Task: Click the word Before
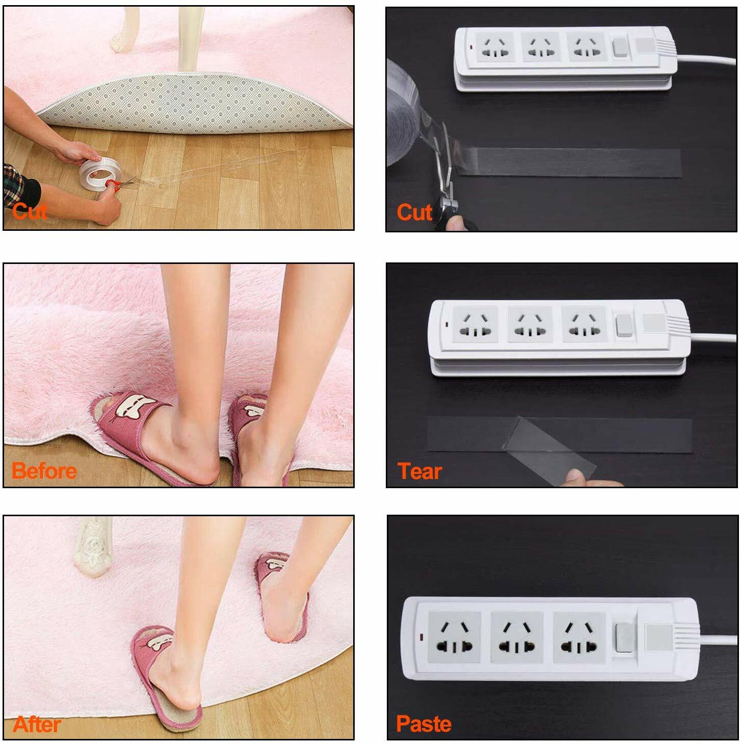44,470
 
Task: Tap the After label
37,724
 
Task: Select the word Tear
419,471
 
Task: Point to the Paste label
424,724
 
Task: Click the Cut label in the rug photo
30,211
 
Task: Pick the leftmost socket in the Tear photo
475,324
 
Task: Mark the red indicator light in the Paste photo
421,637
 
